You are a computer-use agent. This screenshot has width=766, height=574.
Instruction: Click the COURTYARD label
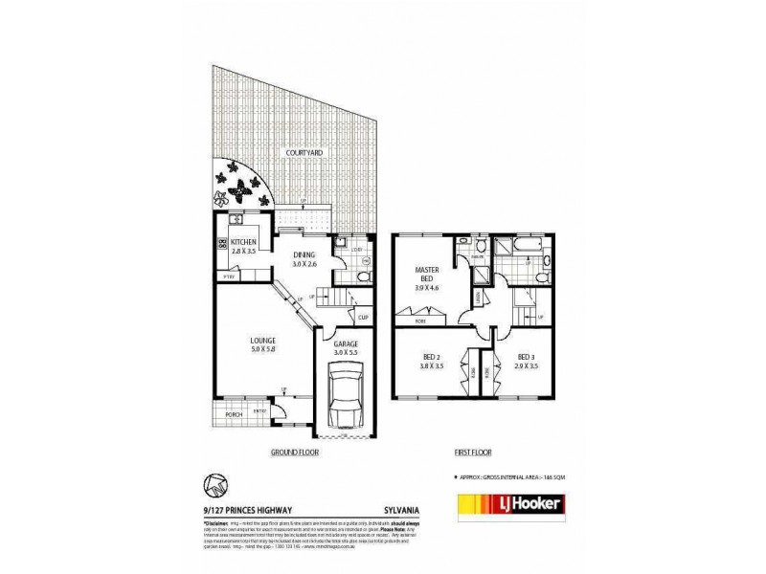302,152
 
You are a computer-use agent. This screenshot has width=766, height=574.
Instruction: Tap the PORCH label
231,414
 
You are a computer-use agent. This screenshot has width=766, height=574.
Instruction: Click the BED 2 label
431,358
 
